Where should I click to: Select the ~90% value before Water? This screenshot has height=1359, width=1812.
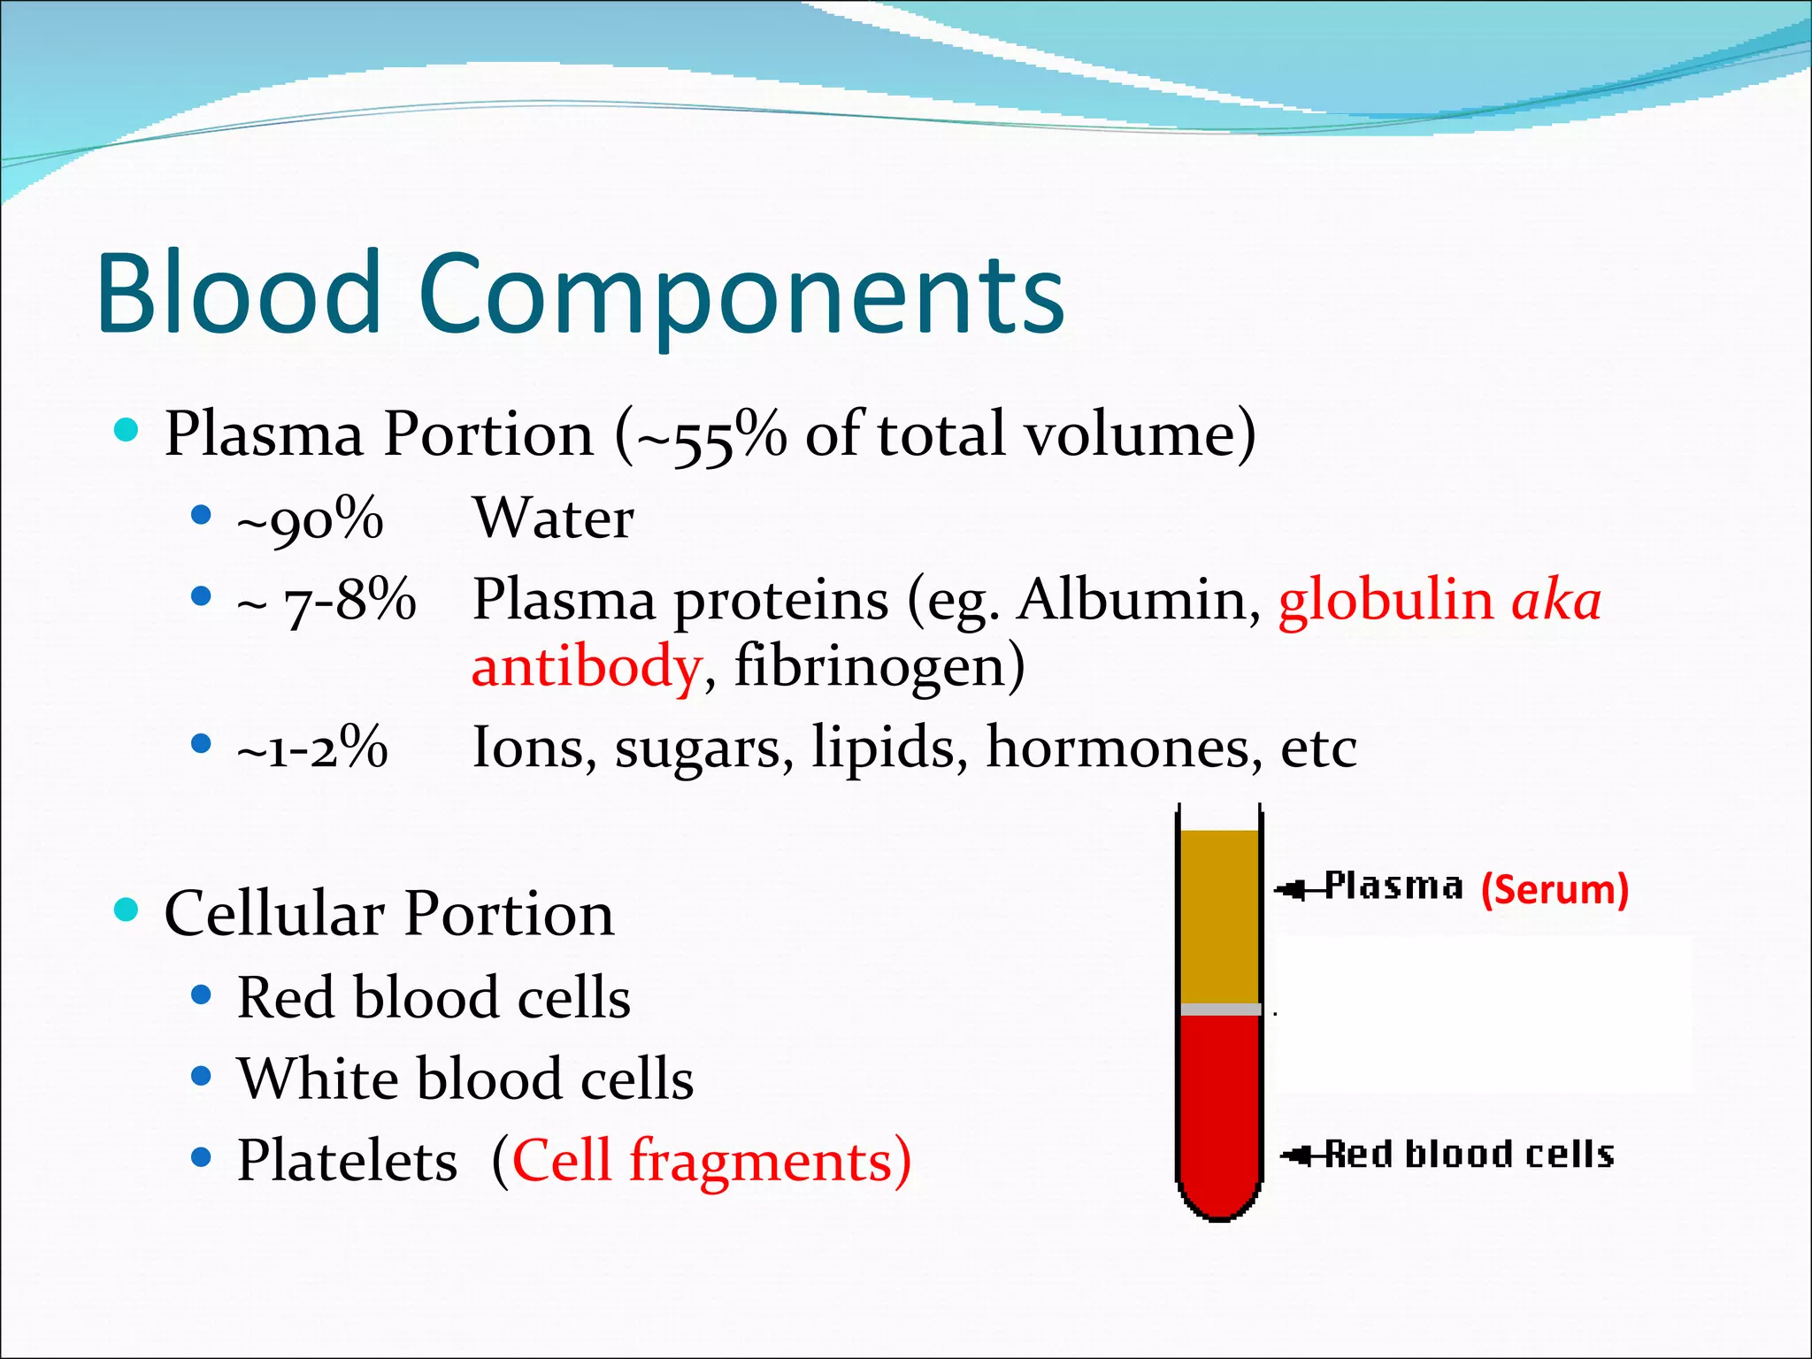[310, 520]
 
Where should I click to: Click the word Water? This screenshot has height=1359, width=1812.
[554, 518]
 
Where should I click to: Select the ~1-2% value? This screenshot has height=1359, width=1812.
[311, 749]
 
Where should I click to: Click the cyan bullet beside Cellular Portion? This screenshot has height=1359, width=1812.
[127, 910]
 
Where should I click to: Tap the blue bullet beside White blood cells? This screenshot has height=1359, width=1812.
[202, 1076]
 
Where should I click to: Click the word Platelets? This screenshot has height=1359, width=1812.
[347, 1161]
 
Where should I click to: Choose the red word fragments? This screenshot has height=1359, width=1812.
[761, 1161]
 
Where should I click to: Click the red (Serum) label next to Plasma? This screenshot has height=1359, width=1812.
[1555, 889]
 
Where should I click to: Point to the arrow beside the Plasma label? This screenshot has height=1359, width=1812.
[1297, 888]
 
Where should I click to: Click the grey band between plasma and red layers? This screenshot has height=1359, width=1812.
[1220, 1010]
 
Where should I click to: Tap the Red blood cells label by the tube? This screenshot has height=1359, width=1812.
[1469, 1155]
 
